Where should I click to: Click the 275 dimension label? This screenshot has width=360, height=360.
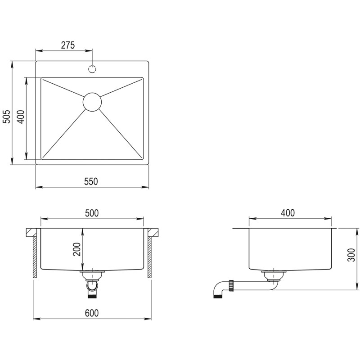pos(67,45)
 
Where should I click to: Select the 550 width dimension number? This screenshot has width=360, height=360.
pos(91,181)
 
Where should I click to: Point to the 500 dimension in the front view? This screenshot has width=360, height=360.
pos(91,213)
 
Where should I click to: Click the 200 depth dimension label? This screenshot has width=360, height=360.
pos(76,249)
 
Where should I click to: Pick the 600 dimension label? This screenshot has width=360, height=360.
pos(91,313)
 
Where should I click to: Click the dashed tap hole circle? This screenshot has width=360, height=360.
pos(92,69)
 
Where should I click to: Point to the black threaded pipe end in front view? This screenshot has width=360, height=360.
pos(92,295)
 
